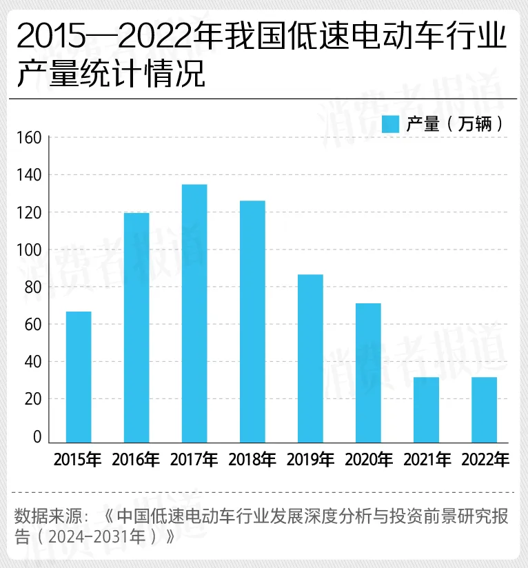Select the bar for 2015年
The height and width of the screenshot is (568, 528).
[79, 376]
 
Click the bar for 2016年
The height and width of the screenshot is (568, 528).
[136, 327]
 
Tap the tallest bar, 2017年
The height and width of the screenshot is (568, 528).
[194, 313]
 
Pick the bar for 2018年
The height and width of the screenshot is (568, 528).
[252, 321]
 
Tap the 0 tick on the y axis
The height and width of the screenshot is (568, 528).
[37, 437]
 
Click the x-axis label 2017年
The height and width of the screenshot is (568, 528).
[194, 460]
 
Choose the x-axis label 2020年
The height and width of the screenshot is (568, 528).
[368, 460]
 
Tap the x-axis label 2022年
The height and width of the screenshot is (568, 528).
[484, 460]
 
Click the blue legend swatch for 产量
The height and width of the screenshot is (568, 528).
[391, 124]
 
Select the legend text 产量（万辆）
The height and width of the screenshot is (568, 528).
[455, 124]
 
